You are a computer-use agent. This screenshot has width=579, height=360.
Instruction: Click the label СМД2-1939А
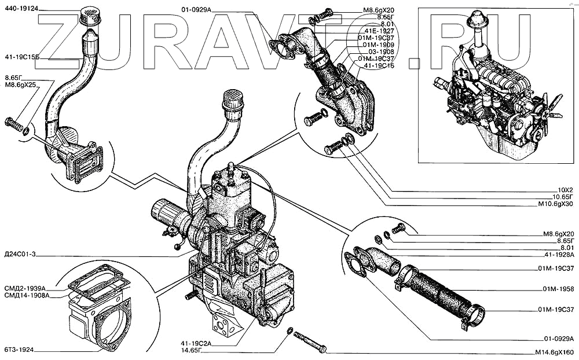(x=24, y=288)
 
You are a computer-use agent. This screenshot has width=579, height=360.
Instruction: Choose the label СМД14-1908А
(x=26, y=296)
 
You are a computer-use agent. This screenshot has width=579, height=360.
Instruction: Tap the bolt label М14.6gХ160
(x=553, y=352)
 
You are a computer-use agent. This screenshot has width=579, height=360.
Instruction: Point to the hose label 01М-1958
(x=558, y=288)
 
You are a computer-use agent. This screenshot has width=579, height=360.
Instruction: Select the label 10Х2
(x=565, y=190)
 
